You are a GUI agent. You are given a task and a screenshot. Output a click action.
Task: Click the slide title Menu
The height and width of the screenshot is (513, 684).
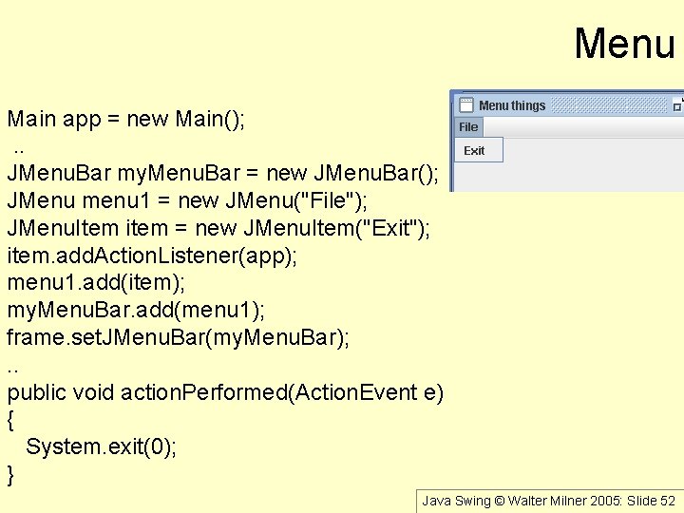click(x=624, y=43)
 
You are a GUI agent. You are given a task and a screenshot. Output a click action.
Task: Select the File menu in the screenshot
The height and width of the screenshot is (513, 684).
click(x=468, y=127)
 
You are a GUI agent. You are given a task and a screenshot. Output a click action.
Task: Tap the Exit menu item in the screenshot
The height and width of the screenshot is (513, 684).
click(x=474, y=151)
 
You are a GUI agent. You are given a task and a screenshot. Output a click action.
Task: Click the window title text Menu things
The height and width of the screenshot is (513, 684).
click(x=512, y=105)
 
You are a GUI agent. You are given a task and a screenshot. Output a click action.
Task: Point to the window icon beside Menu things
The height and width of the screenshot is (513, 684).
click(x=466, y=105)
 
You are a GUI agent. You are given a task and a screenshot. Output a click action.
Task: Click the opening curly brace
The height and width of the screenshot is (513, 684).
click(x=11, y=420)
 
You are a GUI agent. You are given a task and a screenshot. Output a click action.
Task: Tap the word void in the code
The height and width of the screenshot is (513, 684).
click(x=94, y=393)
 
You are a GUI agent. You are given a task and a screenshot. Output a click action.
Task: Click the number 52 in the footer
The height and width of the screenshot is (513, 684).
click(x=667, y=501)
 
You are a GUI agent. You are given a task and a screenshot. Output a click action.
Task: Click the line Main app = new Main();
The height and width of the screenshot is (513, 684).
click(x=126, y=120)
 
